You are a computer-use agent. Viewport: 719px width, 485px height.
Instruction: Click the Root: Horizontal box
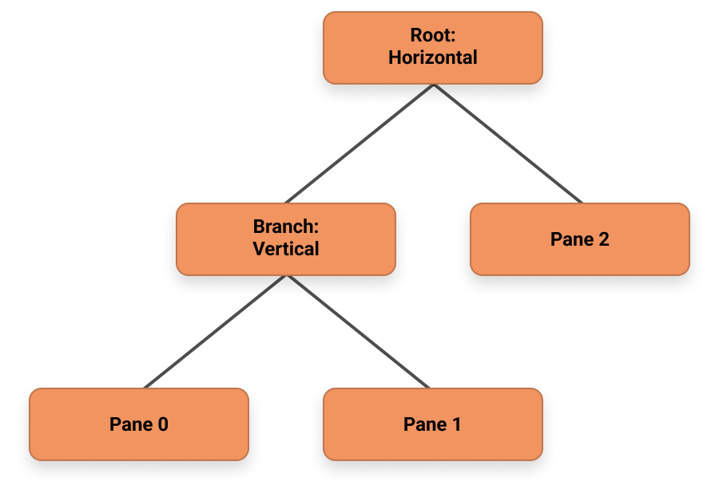(x=432, y=47)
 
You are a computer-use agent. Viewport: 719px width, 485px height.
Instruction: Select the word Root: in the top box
(x=432, y=36)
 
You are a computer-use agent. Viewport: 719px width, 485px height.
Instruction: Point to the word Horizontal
(x=432, y=57)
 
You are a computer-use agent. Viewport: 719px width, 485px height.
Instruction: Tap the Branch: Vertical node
(x=285, y=239)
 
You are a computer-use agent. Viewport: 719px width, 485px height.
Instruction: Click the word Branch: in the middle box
(x=285, y=227)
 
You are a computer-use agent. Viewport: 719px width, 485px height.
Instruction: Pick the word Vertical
(x=285, y=249)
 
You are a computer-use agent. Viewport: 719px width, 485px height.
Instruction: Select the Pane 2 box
(x=579, y=239)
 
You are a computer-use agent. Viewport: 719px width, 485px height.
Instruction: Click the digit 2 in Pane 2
(x=604, y=239)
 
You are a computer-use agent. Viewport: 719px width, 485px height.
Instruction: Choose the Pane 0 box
(x=138, y=424)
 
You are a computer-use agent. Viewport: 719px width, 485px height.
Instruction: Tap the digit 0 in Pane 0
(x=163, y=424)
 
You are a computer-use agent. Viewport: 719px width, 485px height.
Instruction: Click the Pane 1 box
(x=432, y=424)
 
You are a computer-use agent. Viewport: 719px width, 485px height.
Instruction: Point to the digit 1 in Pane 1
(x=456, y=424)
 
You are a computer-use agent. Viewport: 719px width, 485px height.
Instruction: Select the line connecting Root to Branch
(x=359, y=144)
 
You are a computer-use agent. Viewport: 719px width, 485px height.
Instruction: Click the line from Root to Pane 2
(x=507, y=144)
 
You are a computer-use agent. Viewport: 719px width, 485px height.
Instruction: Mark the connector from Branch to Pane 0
(x=216, y=331)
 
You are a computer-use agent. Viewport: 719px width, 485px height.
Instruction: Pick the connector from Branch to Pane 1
(x=359, y=331)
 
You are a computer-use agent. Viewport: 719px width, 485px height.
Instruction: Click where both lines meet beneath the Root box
(x=433, y=85)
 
